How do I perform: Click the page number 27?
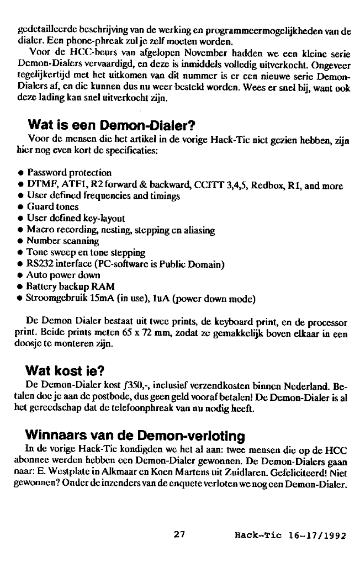pyautogui.click(x=179, y=534)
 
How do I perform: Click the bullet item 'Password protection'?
pyautogui.click(x=69, y=172)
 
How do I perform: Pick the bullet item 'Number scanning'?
pyautogui.click(x=62, y=241)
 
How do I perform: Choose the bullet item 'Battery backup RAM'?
pyautogui.click(x=71, y=286)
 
